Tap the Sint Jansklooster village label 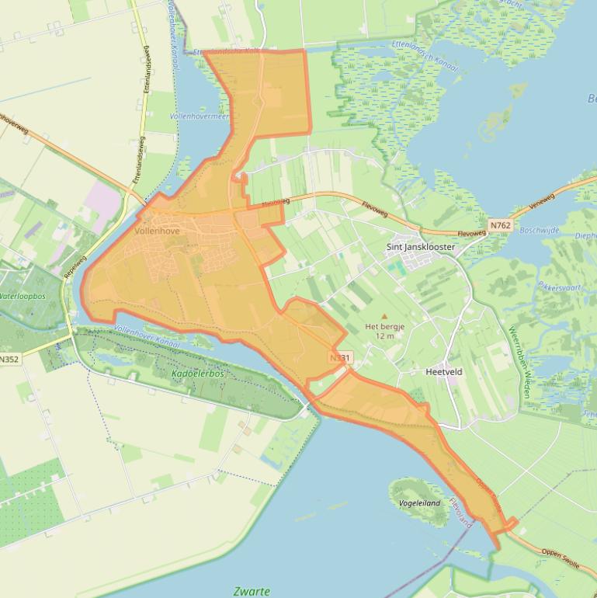[420, 247]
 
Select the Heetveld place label [444, 372]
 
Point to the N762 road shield [501, 225]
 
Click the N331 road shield [340, 357]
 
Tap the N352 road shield [9, 360]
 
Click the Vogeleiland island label [419, 503]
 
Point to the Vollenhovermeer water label [200, 116]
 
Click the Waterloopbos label [23, 297]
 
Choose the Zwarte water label [252, 591]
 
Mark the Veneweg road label [545, 203]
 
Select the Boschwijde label [540, 230]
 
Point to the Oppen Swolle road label [560, 559]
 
